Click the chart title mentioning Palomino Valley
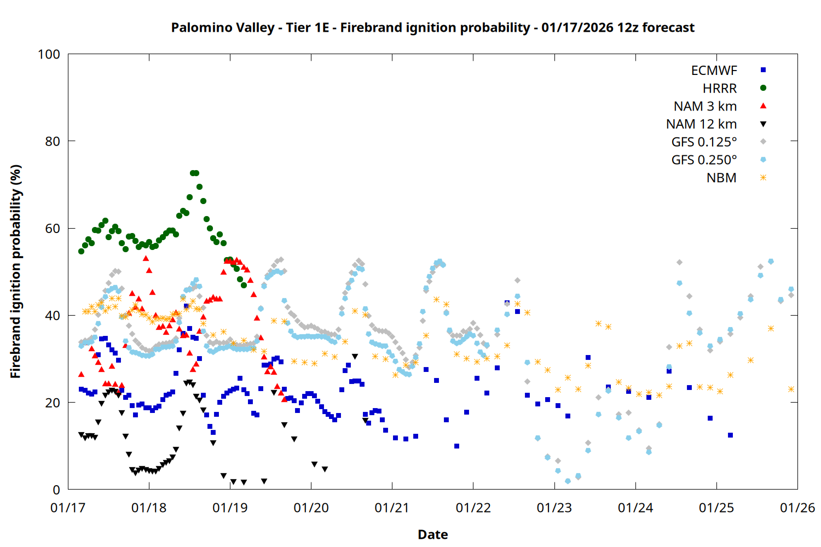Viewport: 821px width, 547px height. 432,27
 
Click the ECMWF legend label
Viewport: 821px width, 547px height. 714,71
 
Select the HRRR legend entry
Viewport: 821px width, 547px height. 720,89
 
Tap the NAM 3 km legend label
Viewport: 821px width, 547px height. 705,106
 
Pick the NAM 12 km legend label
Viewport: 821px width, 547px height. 701,124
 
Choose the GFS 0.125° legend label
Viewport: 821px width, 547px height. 704,142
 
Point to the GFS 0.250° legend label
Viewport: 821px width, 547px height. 704,160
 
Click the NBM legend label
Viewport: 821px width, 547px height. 721,178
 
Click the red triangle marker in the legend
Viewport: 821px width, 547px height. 763,106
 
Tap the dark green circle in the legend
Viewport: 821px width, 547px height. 763,88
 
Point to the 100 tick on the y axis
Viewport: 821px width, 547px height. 49,55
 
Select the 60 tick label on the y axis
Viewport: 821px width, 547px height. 53,229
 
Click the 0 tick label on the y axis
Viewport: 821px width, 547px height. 56,490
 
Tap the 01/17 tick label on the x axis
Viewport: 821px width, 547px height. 68,508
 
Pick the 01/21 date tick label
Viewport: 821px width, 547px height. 392,508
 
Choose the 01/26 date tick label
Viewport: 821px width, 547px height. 797,508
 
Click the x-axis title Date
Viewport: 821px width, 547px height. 432,534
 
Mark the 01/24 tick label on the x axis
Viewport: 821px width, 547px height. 635,508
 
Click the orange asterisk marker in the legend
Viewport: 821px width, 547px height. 763,178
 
